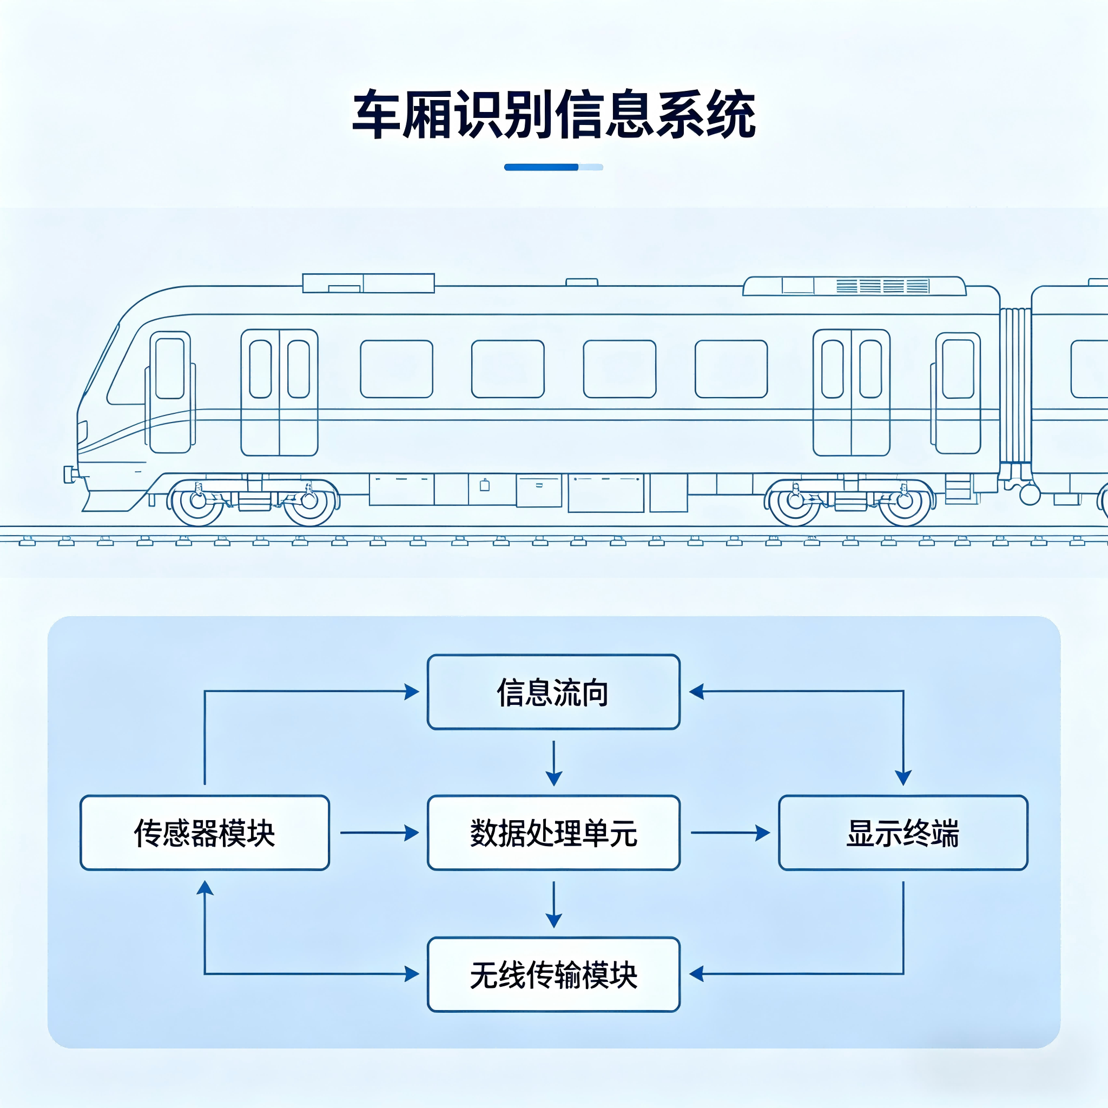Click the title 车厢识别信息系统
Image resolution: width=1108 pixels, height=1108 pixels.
tap(553, 115)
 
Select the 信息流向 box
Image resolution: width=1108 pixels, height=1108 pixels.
tap(553, 691)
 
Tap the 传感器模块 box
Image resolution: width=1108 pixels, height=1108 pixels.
tap(205, 833)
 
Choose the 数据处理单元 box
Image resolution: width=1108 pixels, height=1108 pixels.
tap(553, 833)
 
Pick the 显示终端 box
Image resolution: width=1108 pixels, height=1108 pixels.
tap(903, 833)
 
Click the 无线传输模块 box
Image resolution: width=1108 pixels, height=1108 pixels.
tap(553, 974)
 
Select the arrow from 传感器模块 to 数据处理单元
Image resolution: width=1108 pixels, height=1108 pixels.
tap(379, 833)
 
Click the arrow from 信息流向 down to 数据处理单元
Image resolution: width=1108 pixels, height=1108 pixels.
tap(553, 763)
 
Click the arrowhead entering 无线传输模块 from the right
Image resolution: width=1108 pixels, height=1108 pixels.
tap(696, 974)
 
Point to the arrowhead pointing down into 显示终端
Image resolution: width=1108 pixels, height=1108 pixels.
tap(903, 778)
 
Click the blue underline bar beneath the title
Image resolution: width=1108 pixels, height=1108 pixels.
tap(553, 167)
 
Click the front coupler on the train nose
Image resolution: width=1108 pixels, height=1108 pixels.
tap(70, 474)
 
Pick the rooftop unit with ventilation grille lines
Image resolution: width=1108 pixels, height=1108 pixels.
tap(854, 286)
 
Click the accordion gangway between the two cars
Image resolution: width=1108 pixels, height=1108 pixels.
tap(1015, 385)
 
